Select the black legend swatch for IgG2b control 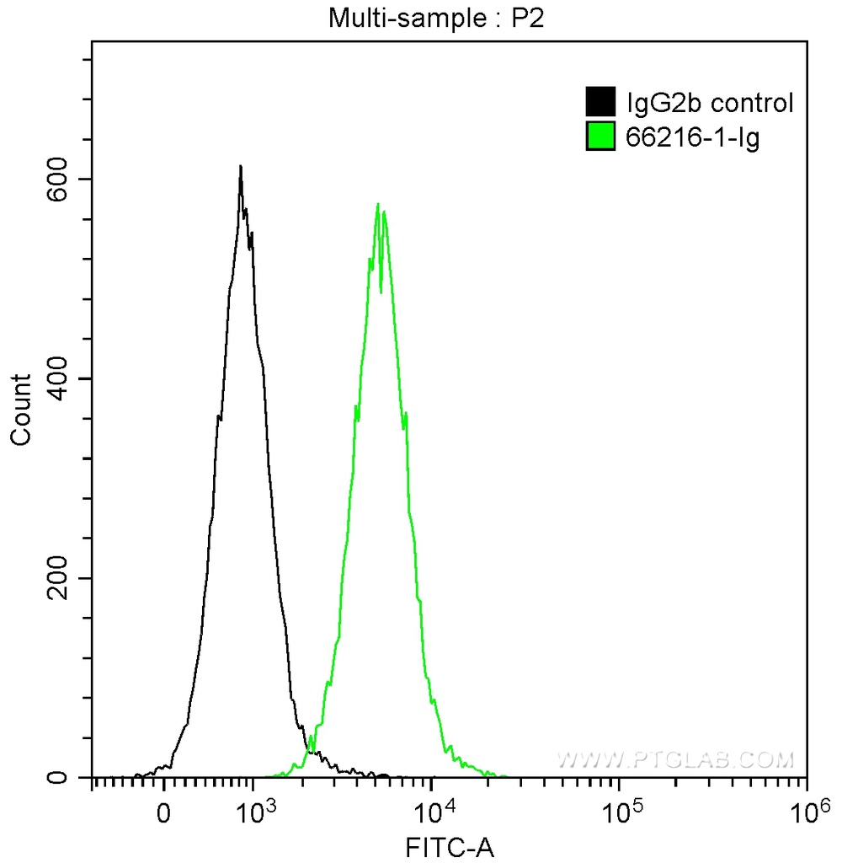pyautogui.click(x=599, y=103)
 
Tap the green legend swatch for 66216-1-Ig pyautogui.click(x=599, y=137)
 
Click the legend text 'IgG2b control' pyautogui.click(x=710, y=104)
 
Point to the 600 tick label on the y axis pyautogui.click(x=57, y=180)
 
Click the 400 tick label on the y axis pyautogui.click(x=57, y=378)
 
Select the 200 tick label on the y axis pyautogui.click(x=57, y=578)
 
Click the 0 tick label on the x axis pyautogui.click(x=164, y=815)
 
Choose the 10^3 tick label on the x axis pyautogui.click(x=258, y=812)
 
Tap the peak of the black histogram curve pyautogui.click(x=240, y=166)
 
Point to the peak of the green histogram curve pyautogui.click(x=378, y=204)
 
